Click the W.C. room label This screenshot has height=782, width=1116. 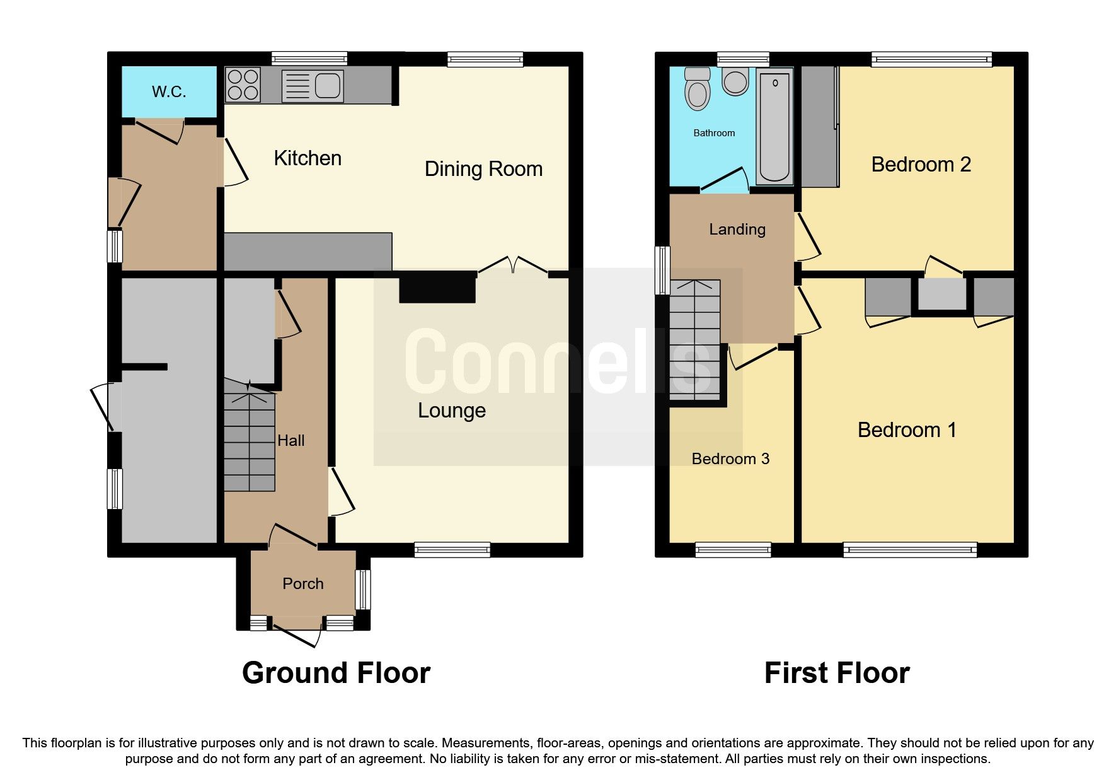(169, 92)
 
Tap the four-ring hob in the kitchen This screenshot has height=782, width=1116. (243, 85)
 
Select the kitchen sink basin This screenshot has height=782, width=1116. (328, 85)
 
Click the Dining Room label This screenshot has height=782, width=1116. (483, 169)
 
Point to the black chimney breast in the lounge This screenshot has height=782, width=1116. (437, 287)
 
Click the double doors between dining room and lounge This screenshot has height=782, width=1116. (513, 265)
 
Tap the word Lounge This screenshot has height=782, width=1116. (452, 411)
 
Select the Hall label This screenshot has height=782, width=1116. (291, 441)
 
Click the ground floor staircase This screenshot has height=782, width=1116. (250, 441)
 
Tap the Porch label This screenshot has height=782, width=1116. (303, 584)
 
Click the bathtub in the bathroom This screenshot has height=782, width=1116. (774, 126)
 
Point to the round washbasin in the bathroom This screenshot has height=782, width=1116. (735, 82)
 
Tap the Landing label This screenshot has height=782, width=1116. (737, 230)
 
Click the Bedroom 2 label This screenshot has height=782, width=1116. (921, 165)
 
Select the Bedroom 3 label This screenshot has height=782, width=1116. (730, 459)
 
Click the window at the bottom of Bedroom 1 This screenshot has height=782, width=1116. (910, 550)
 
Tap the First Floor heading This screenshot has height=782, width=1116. (837, 673)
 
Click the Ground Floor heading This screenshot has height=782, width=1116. (336, 673)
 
